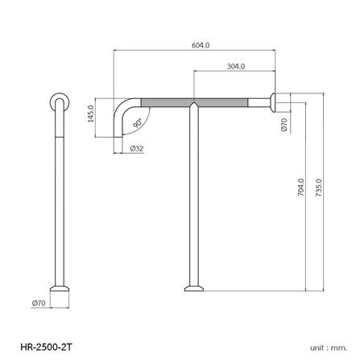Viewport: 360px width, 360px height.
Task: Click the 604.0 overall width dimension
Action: click(x=201, y=46)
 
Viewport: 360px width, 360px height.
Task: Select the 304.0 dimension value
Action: click(x=236, y=67)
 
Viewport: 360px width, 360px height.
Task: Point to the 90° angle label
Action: click(x=138, y=122)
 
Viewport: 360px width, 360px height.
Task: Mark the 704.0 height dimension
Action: click(x=300, y=189)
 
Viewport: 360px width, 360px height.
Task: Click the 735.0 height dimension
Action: click(x=320, y=189)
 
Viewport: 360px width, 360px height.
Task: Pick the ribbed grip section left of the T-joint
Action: click(x=165, y=101)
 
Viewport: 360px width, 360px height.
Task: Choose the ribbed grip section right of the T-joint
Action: click(x=234, y=101)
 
